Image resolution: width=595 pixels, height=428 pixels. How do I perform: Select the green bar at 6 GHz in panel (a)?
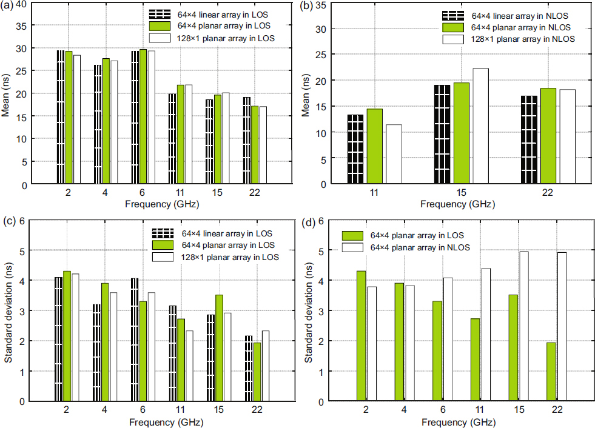(x=143, y=116)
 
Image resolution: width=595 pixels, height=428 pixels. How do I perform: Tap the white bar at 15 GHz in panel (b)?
(x=480, y=125)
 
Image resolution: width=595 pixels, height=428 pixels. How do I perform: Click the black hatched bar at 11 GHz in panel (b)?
(x=355, y=149)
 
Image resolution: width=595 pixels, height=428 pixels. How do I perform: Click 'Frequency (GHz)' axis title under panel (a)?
(x=160, y=204)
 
